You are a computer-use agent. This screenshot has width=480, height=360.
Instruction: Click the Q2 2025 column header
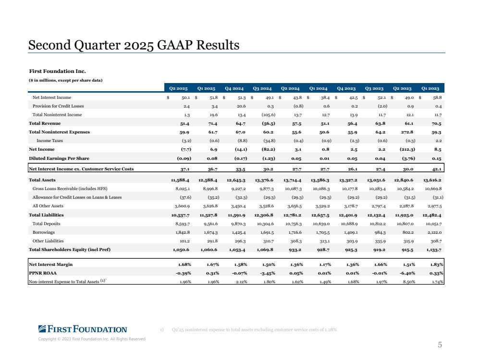tap(178, 88)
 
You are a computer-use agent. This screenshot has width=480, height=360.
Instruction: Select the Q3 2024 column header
tap(262, 88)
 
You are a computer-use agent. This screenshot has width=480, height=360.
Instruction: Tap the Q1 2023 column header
tap(430, 88)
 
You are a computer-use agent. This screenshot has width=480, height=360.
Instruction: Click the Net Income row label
tap(42, 149)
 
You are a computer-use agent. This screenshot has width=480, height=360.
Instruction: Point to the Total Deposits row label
tap(46, 224)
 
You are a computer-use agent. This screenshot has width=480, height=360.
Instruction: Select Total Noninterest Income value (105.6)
tap(268, 115)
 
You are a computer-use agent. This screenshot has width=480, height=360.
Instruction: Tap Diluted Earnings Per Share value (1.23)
tap(268, 158)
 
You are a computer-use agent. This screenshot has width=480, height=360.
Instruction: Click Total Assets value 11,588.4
tap(180, 180)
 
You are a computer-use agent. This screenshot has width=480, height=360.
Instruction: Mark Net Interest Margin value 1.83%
tap(437, 264)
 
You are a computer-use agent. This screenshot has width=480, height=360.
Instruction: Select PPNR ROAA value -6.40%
tap(407, 273)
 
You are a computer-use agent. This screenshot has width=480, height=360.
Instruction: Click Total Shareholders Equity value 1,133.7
tap(432, 250)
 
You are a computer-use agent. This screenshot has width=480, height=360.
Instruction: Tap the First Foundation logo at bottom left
tap(83, 329)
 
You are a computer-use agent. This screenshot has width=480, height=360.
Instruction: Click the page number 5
tap(440, 345)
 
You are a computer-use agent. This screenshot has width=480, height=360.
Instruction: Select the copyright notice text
tap(91, 339)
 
